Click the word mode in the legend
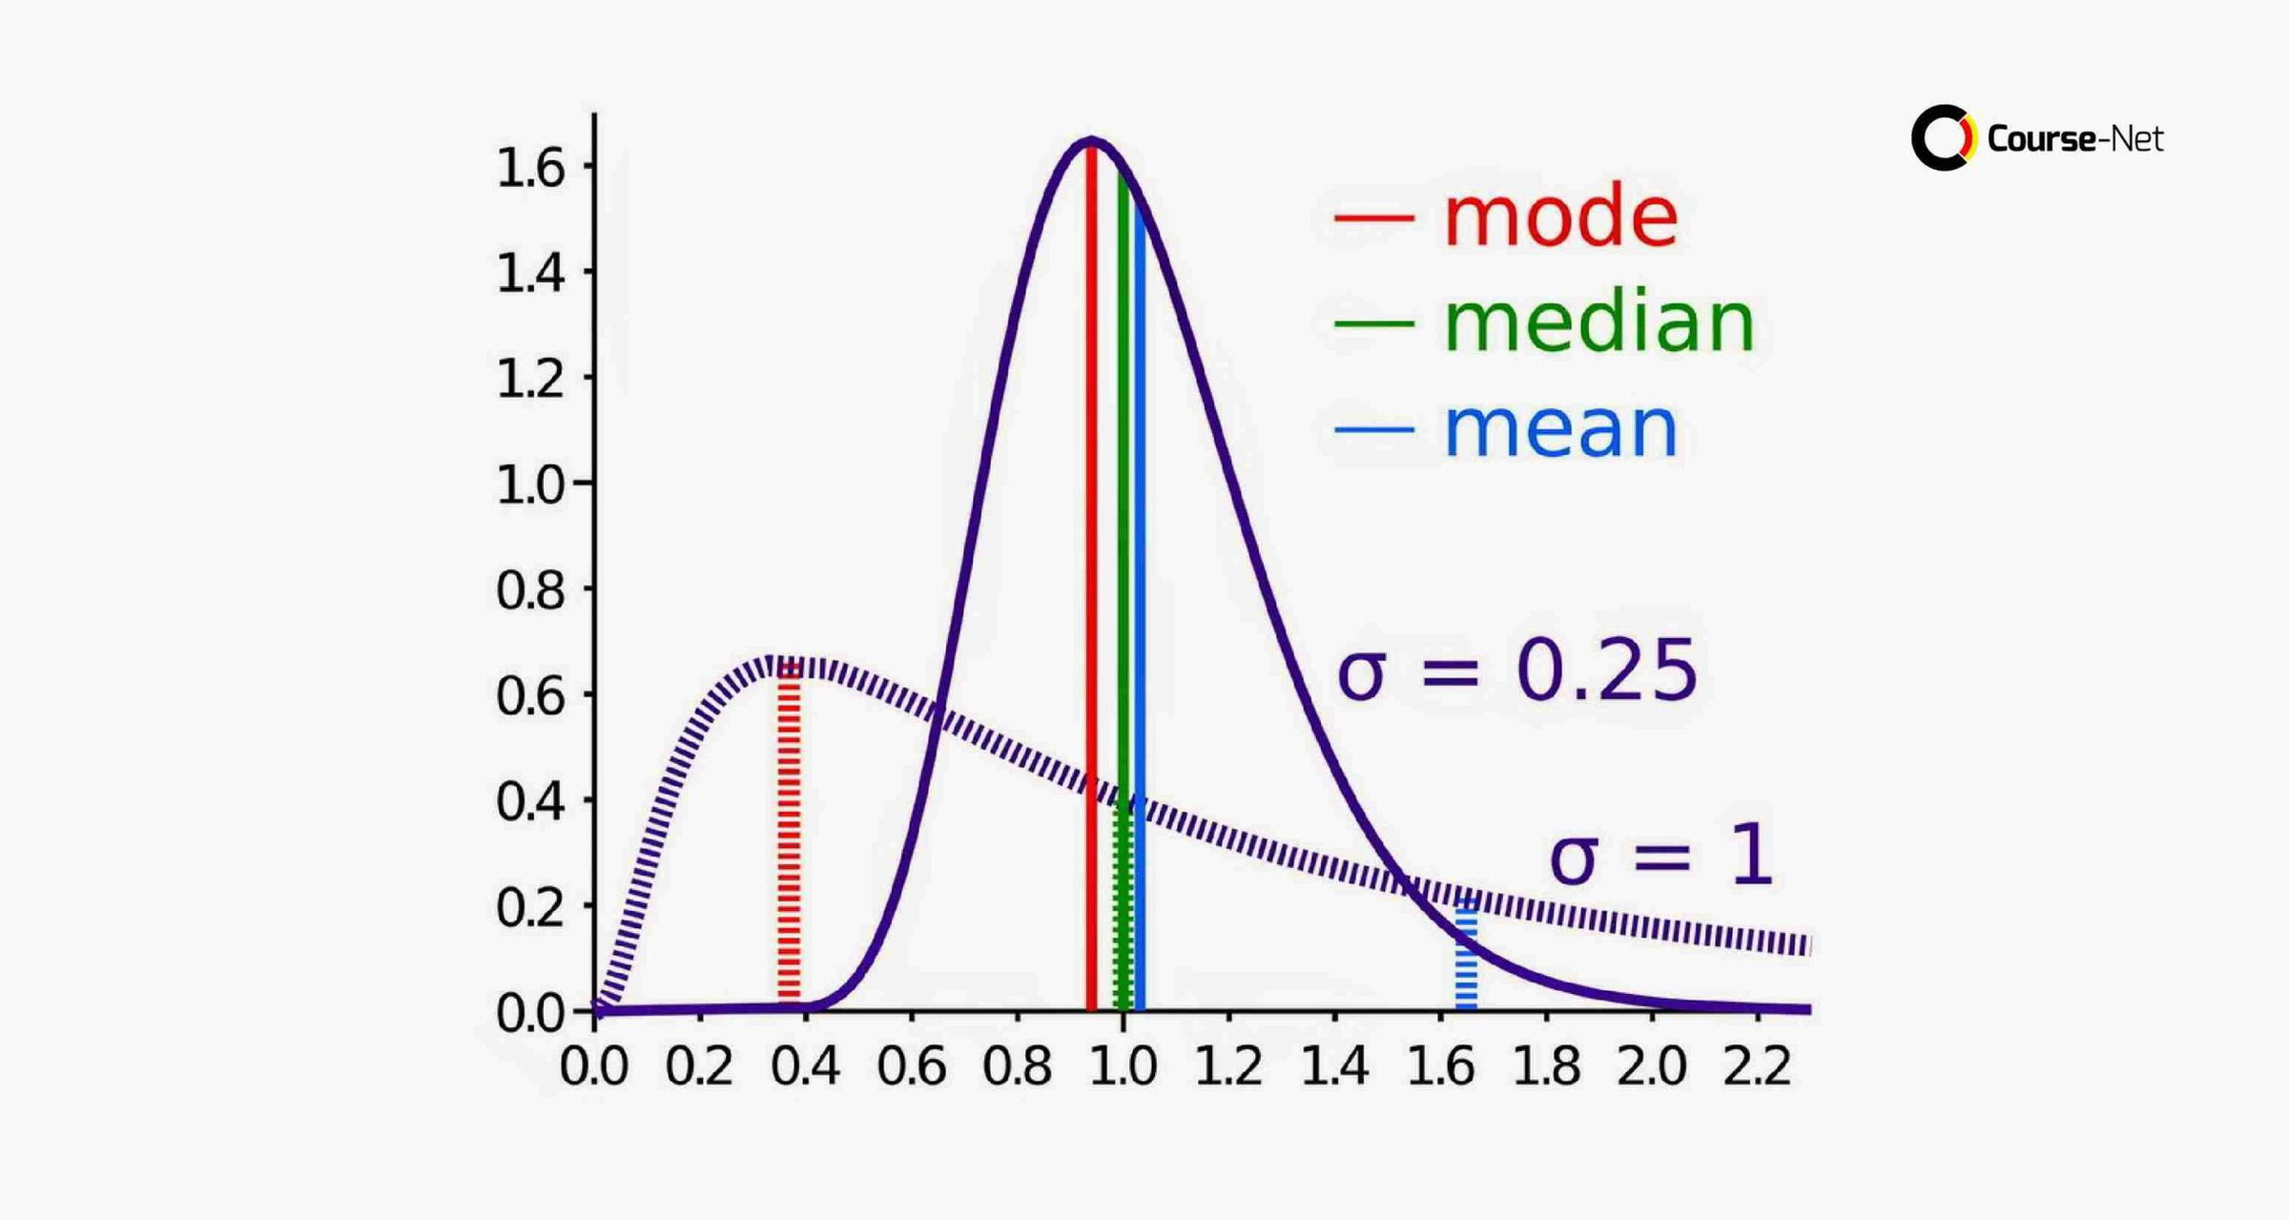1560,217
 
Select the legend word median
1599,323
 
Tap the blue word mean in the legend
1560,429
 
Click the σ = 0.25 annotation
1516,672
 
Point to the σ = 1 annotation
1660,857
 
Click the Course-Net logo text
2075,139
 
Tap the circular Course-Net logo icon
1943,138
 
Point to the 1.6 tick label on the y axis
530,168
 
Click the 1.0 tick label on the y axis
530,485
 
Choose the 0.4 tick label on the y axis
530,801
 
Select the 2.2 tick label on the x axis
1757,1065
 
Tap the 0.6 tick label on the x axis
911,1065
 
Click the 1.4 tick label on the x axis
1334,1065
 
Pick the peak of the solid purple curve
1091,142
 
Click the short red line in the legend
1373,217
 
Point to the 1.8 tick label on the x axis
1546,1065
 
